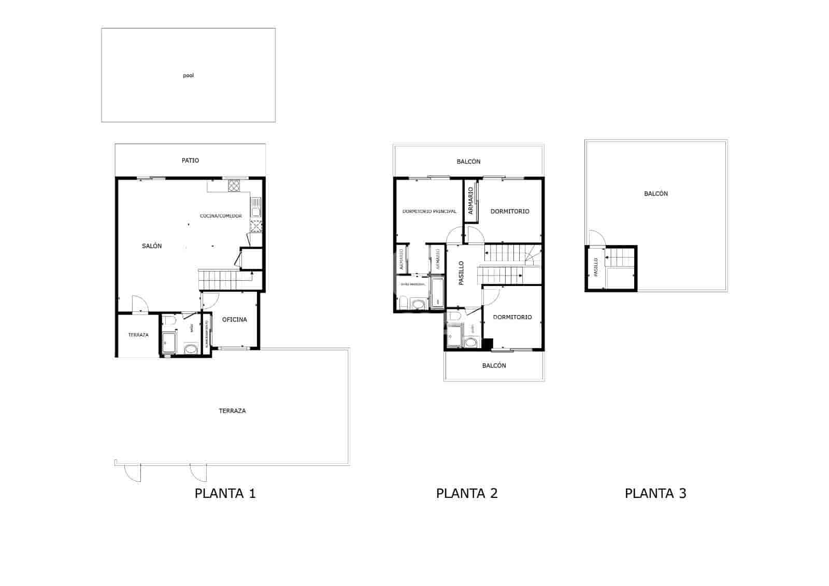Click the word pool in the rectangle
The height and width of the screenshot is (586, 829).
pyautogui.click(x=188, y=76)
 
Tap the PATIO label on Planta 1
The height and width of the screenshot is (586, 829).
pyautogui.click(x=190, y=161)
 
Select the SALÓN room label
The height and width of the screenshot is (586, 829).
pyautogui.click(x=152, y=246)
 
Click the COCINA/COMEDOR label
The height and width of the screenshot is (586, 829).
pyautogui.click(x=221, y=216)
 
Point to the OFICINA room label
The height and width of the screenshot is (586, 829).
pyautogui.click(x=234, y=320)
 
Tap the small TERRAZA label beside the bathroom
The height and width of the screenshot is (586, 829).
pyautogui.click(x=138, y=335)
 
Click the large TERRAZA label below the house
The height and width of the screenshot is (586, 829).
pyautogui.click(x=232, y=411)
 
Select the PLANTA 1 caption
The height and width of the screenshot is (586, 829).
pyautogui.click(x=225, y=493)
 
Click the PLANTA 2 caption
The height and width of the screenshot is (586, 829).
pyautogui.click(x=466, y=493)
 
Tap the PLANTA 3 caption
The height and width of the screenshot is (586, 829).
pyautogui.click(x=655, y=493)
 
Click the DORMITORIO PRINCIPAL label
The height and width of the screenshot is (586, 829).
pyautogui.click(x=429, y=211)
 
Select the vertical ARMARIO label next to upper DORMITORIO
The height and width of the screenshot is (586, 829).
pyautogui.click(x=470, y=201)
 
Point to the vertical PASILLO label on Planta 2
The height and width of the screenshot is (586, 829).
pyautogui.click(x=461, y=273)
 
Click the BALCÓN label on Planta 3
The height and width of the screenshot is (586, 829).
pyautogui.click(x=655, y=194)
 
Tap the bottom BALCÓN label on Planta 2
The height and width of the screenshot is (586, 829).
pyautogui.click(x=494, y=366)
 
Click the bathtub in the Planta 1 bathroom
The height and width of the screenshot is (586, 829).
pyautogui.click(x=168, y=342)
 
